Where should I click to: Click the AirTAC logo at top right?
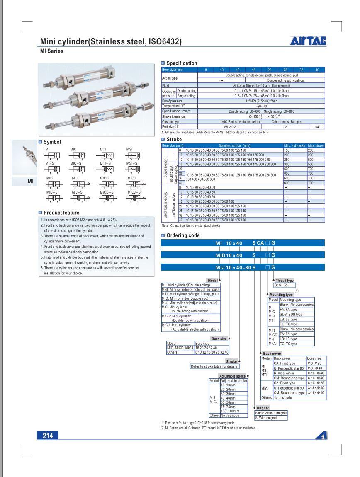(308, 41)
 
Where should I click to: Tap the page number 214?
(48, 436)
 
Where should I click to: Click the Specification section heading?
(182, 63)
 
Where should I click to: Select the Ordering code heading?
(183, 235)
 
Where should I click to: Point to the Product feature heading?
(61, 213)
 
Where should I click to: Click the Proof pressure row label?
(173, 101)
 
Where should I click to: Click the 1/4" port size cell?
(317, 127)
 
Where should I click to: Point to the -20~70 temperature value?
(261, 106)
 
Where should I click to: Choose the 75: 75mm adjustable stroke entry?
(228, 407)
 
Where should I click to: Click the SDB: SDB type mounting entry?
(291, 314)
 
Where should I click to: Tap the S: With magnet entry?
(266, 418)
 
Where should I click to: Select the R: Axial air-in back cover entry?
(284, 373)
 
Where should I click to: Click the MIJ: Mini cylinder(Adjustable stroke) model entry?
(190, 303)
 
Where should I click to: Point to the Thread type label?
(285, 281)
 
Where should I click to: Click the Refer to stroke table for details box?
(214, 366)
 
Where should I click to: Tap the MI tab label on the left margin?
(30, 181)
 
